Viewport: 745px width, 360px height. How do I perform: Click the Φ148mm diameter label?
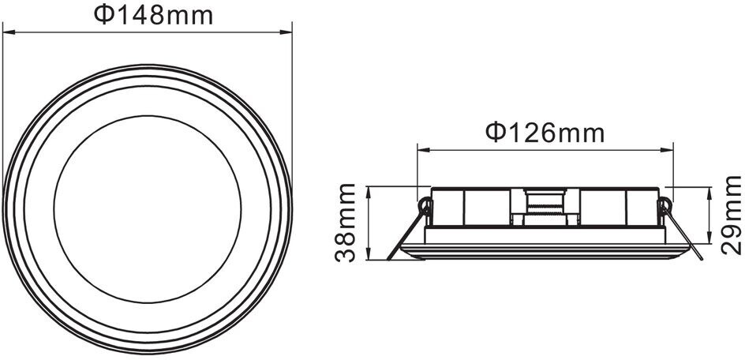click(153, 15)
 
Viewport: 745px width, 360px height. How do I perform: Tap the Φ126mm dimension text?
click(545, 133)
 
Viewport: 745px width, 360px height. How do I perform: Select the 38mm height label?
click(346, 223)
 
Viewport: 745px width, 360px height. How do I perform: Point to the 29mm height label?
click(731, 215)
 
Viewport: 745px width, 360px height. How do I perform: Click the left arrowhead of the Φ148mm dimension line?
click(9, 32)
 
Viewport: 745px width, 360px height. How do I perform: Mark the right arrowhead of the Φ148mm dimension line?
click(285, 32)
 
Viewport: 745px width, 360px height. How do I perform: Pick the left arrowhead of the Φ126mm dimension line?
click(424, 150)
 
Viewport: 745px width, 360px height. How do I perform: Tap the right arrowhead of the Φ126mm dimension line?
click(667, 150)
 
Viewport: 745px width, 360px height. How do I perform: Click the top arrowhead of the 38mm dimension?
click(369, 193)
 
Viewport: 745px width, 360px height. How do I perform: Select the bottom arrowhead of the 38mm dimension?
click(369, 253)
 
